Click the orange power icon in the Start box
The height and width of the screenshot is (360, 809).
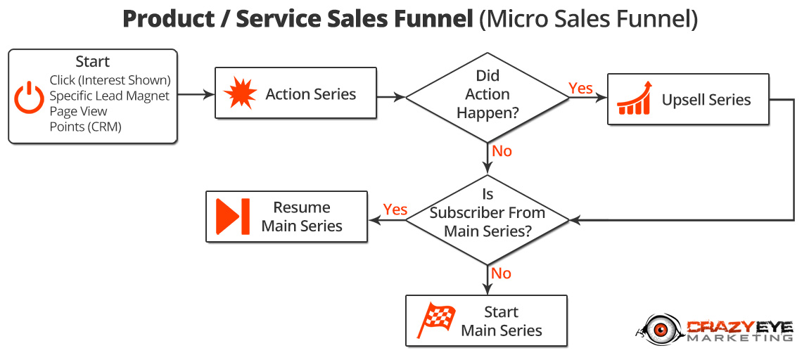pyautogui.click(x=29, y=98)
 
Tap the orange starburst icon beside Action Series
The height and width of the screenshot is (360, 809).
pyautogui.click(x=239, y=94)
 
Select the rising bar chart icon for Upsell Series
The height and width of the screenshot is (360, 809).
pyautogui.click(x=634, y=98)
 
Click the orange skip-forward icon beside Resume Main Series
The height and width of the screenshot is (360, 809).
pyautogui.click(x=233, y=216)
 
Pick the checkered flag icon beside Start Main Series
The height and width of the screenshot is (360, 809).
pyautogui.click(x=436, y=319)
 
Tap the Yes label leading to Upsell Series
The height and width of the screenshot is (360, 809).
pyautogui.click(x=581, y=88)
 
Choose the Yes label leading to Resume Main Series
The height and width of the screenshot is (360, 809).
pyautogui.click(x=395, y=210)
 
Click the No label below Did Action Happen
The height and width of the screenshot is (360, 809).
pyautogui.click(x=502, y=151)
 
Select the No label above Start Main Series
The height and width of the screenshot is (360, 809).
pyautogui.click(x=501, y=273)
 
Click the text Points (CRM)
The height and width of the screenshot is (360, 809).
pyautogui.click(x=86, y=127)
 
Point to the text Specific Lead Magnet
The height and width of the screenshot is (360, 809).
pyautogui.click(x=110, y=96)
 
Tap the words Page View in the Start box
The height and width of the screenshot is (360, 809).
pyautogui.click(x=78, y=111)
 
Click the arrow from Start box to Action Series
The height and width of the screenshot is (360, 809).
pyautogui.click(x=196, y=94)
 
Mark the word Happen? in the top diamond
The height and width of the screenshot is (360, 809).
pyautogui.click(x=488, y=112)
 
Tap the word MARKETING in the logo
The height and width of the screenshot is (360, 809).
pyautogui.click(x=739, y=337)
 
